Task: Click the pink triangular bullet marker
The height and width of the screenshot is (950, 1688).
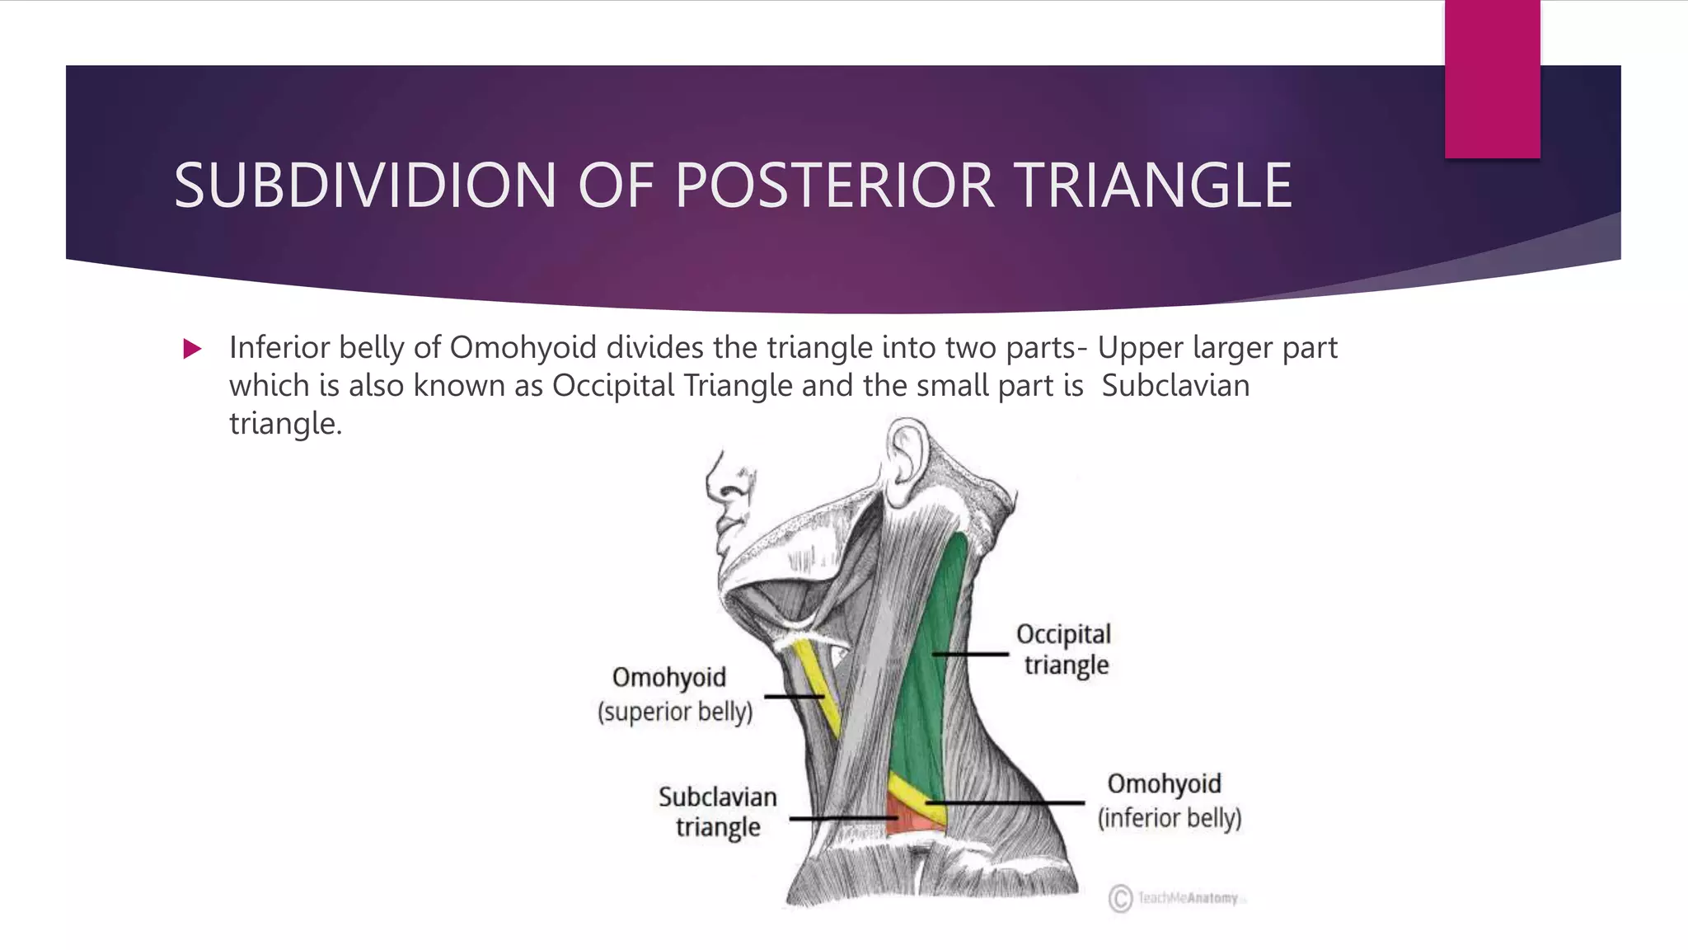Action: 192,349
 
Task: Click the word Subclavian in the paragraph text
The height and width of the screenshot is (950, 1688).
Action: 1175,385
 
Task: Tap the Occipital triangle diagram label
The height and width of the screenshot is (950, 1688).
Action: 1064,649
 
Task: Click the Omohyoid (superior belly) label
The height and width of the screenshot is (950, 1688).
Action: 674,694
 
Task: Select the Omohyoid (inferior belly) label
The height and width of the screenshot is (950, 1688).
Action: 1168,800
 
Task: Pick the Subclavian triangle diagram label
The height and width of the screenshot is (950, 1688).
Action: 717,811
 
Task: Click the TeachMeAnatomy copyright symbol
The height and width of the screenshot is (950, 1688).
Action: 1120,898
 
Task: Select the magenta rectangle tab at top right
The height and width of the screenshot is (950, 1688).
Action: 1492,79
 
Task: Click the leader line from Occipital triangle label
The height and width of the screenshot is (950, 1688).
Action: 970,654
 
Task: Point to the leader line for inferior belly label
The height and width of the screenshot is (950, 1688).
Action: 1006,802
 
